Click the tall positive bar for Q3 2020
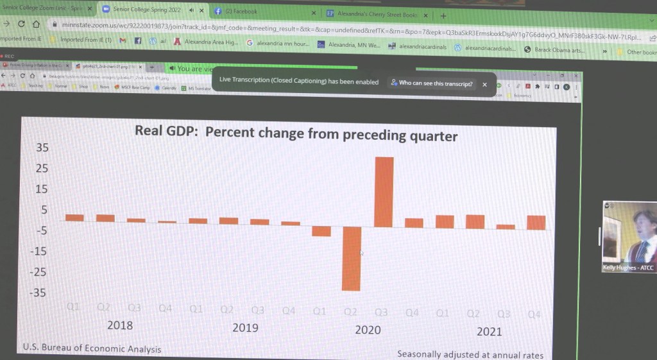(x=384, y=192)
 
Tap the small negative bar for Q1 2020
(x=321, y=231)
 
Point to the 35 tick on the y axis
(x=42, y=148)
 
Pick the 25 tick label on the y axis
(x=42, y=169)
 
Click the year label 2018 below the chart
(x=120, y=325)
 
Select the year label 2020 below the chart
(x=368, y=329)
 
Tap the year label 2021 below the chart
(x=489, y=331)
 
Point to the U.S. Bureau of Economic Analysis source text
(x=92, y=348)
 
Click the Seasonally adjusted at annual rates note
(x=470, y=354)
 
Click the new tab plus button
(x=443, y=15)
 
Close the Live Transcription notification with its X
(x=484, y=84)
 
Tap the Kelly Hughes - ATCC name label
(x=628, y=268)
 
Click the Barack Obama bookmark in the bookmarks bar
(x=559, y=49)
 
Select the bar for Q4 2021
(x=536, y=223)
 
